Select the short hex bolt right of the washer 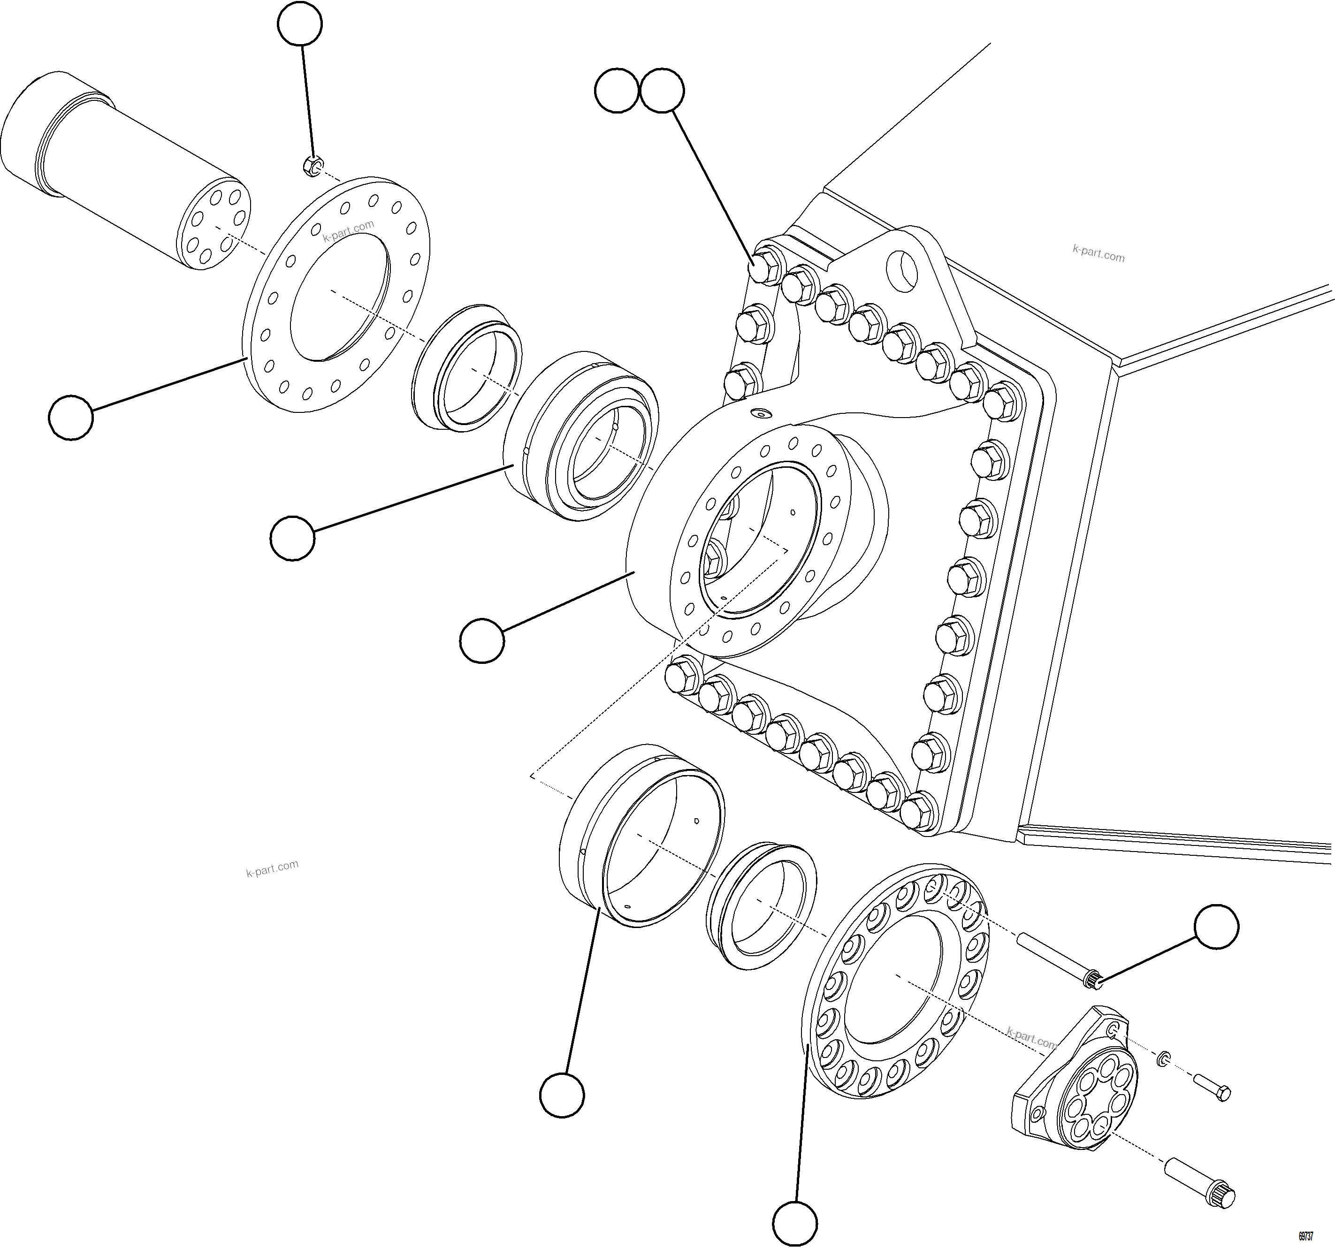point(1212,1087)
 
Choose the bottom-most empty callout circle point(795,1223)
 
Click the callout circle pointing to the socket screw point(1216,927)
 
